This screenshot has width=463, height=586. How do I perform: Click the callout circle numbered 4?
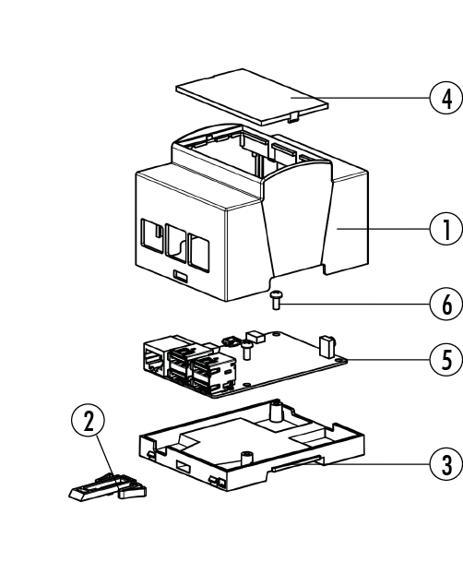click(446, 99)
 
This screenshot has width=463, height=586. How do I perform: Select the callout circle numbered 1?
click(446, 229)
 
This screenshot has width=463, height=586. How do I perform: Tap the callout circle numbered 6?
click(446, 305)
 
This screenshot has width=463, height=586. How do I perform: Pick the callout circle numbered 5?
click(446, 360)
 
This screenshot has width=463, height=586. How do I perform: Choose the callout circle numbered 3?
click(446, 464)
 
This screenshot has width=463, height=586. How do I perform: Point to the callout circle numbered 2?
click(89, 420)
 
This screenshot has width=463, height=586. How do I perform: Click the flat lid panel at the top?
click(253, 96)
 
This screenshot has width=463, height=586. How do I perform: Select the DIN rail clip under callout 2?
click(108, 487)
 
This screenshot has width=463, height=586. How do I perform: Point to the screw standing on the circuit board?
click(247, 350)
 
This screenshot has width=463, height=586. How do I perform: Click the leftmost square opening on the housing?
click(152, 234)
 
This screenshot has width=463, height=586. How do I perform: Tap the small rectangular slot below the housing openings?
click(181, 277)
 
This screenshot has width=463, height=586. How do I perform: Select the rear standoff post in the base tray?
click(276, 411)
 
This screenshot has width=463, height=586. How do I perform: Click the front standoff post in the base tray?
click(247, 458)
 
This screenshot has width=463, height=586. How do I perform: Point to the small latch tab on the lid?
click(293, 116)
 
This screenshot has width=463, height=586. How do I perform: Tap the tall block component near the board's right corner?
click(325, 346)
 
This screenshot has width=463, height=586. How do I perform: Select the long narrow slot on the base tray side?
click(296, 462)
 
